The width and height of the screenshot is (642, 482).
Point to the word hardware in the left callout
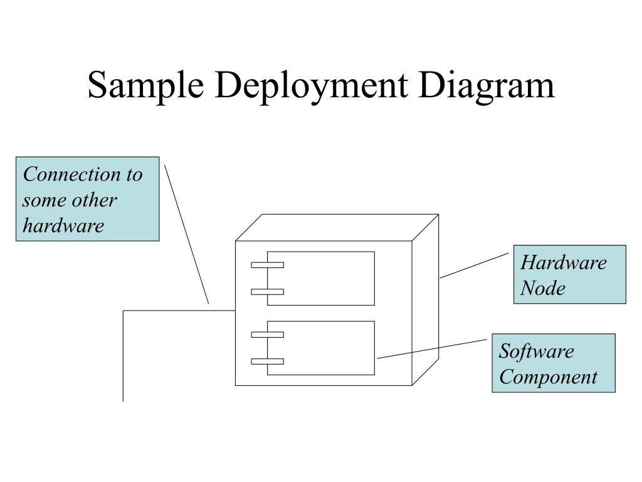63,225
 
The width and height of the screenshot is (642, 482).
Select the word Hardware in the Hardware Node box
564,262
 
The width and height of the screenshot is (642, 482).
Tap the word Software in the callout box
536,351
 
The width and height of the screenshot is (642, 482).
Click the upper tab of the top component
267,265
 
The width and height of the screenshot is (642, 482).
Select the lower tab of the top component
267,292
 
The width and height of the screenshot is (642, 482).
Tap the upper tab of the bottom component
267,335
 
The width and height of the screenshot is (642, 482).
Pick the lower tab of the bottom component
267,361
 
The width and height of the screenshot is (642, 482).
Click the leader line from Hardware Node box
474,265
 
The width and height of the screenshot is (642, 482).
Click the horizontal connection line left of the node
179,311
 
